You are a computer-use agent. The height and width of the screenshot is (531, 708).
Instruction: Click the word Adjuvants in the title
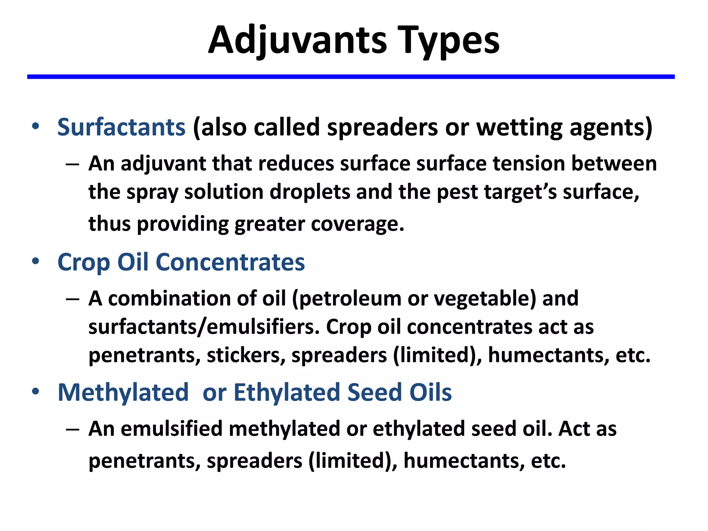[297, 41]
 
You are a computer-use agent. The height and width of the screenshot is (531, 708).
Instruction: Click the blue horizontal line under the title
[351, 77]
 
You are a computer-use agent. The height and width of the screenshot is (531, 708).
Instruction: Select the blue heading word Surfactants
[121, 127]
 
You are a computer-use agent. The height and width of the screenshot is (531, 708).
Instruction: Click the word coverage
[357, 224]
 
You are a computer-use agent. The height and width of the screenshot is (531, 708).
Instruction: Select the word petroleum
[350, 298]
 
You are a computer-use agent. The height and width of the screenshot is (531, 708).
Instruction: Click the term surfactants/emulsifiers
[204, 327]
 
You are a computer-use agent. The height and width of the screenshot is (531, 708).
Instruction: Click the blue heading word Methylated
[123, 392]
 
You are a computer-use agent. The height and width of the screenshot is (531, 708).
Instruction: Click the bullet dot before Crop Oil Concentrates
[35, 261]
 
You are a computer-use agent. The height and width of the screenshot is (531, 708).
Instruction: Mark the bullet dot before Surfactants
[35, 127]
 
